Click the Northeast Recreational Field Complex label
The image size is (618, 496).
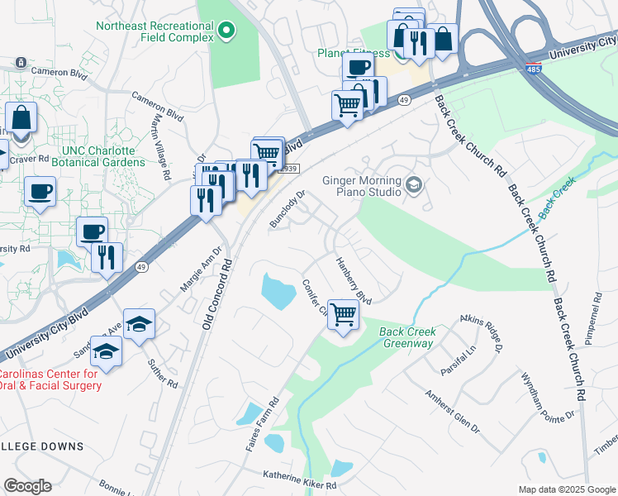pyautogui.click(x=154, y=26)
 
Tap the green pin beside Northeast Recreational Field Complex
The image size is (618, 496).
pyautogui.click(x=227, y=32)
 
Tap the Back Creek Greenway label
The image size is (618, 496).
pyautogui.click(x=407, y=337)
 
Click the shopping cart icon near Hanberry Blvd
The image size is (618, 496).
pyautogui.click(x=343, y=313)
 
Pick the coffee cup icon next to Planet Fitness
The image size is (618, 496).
pyautogui.click(x=358, y=67)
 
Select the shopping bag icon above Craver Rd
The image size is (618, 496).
pyautogui.click(x=21, y=117)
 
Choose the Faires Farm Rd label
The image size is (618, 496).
pyautogui.click(x=263, y=423)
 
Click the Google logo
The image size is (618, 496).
pyautogui.click(x=27, y=486)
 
